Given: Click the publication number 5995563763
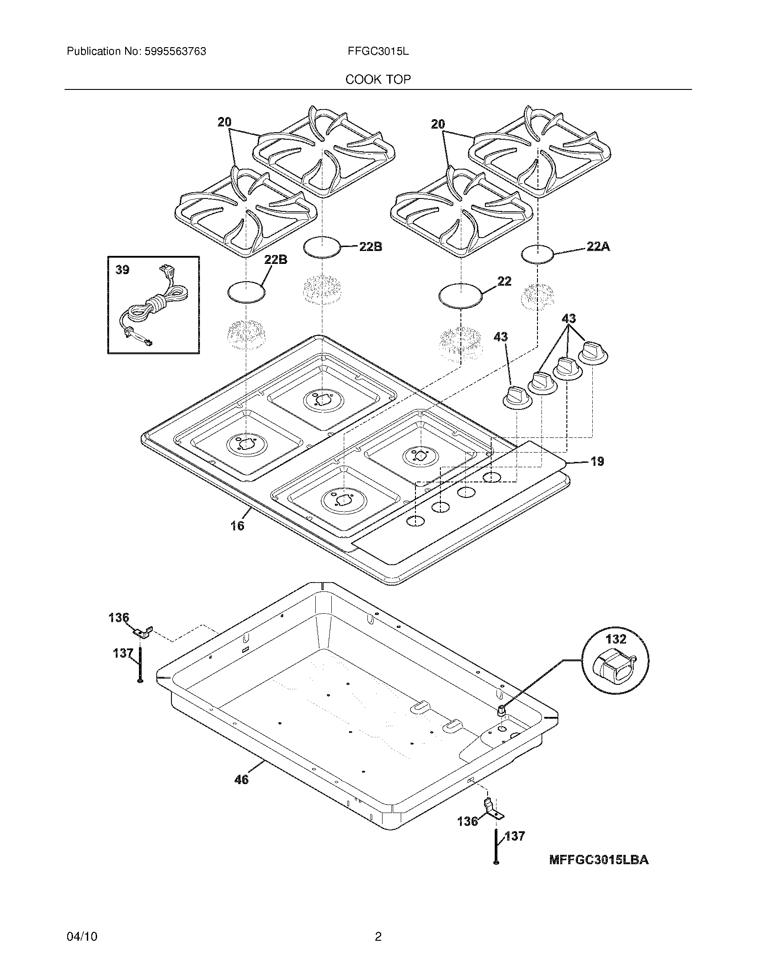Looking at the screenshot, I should click(175, 52).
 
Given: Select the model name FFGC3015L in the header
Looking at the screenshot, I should click(378, 52).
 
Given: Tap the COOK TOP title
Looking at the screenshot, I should click(378, 80).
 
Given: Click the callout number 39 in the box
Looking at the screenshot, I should click(122, 270).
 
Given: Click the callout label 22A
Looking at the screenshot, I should click(598, 246).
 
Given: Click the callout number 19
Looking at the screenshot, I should click(597, 461).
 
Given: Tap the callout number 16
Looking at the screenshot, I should click(237, 526).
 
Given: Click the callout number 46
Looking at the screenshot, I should click(241, 780).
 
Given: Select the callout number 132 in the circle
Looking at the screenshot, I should click(616, 638).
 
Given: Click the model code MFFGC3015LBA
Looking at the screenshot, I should click(598, 860).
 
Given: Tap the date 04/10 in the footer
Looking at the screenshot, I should click(81, 936).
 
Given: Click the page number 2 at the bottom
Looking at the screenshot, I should click(378, 936).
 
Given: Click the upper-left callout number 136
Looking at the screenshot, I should click(118, 618).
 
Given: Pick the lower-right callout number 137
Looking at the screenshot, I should click(515, 836).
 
